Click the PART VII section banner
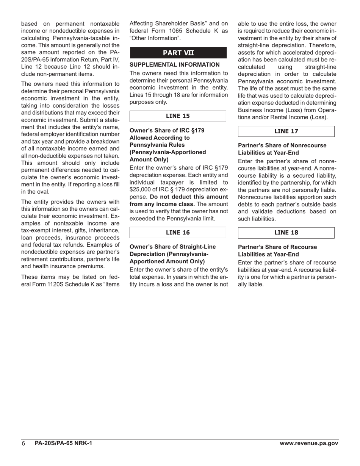coord(178,53)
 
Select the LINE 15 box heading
coord(178,116)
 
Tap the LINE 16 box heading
coord(178,233)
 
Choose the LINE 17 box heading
coord(286,131)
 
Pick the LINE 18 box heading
coord(286,233)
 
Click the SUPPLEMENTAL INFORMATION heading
coord(175,65)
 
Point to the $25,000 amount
coord(143,189)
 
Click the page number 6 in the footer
coord(23,444)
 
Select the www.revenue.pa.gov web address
coord(309,443)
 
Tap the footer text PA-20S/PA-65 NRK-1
coord(63,443)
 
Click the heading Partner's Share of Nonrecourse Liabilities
coord(282,149)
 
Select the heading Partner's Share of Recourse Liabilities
coord(277,250)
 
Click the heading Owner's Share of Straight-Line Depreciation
coord(173,254)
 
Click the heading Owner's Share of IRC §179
coord(167,130)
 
